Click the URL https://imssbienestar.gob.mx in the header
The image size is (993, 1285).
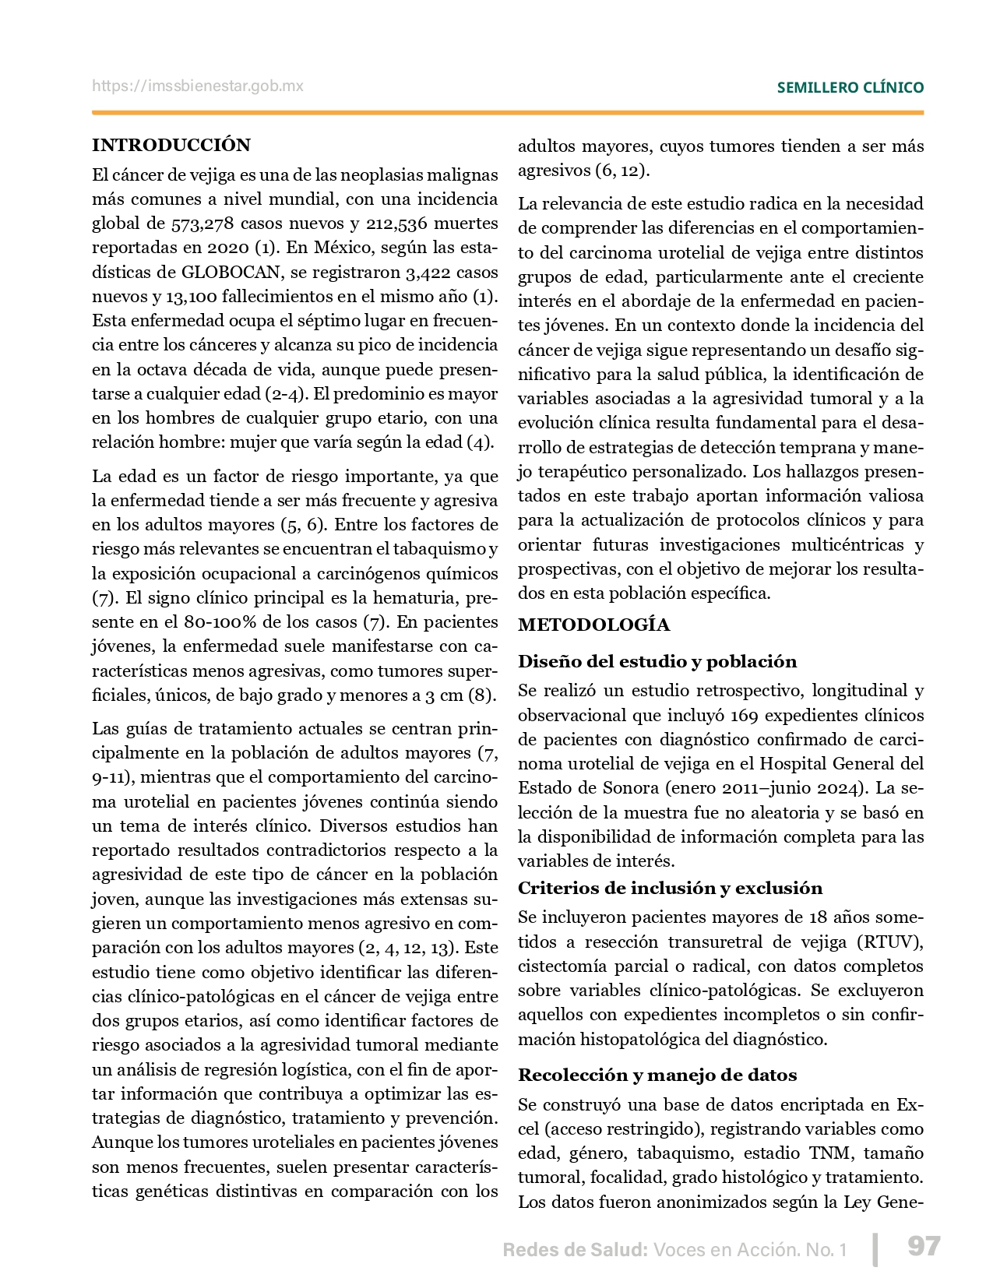tap(198, 86)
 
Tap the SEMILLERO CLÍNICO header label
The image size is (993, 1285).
tap(850, 88)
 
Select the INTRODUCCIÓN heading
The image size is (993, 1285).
tap(171, 145)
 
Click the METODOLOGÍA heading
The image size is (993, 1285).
tap(593, 625)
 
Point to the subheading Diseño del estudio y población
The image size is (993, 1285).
tap(657, 661)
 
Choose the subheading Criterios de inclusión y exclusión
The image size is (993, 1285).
tap(670, 888)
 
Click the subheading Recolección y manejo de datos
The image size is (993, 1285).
tap(657, 1075)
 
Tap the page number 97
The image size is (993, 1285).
tap(924, 1246)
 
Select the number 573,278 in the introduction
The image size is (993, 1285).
tap(202, 224)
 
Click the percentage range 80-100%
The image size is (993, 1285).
tap(221, 622)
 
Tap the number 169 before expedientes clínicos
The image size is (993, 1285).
tap(745, 715)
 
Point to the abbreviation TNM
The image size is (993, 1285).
tap(829, 1153)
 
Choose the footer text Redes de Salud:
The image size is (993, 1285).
tap(575, 1250)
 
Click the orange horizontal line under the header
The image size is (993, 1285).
tap(508, 113)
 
